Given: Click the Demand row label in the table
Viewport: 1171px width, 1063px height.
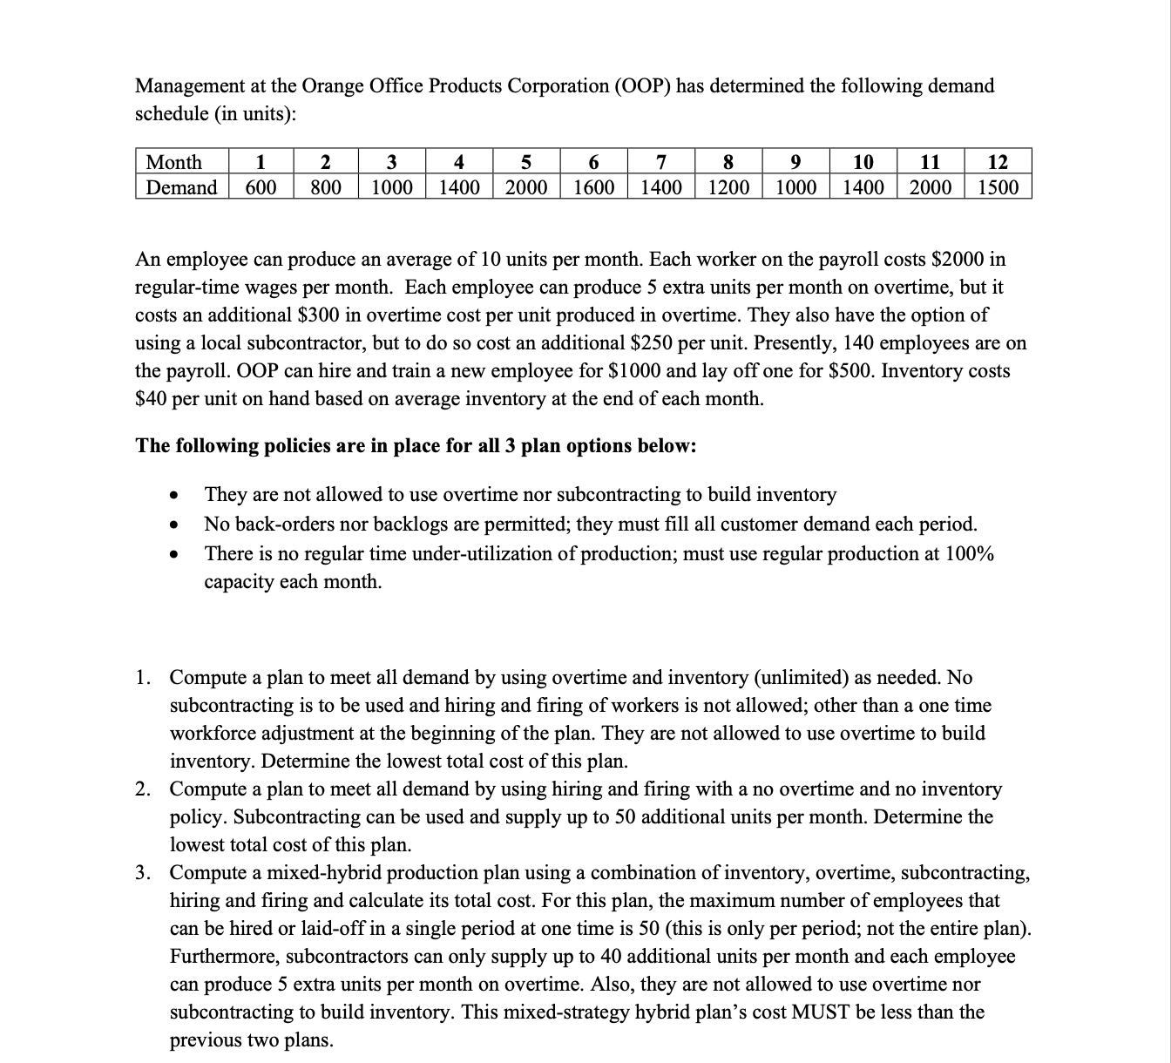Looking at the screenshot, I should coord(181,187).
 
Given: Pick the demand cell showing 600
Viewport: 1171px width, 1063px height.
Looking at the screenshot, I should coord(260,187).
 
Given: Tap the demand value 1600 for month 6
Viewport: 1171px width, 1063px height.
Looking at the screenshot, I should coord(593,187).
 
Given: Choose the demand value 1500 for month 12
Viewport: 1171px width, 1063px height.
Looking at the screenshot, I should coord(998,187).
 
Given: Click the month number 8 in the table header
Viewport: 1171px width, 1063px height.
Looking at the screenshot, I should coord(728,162).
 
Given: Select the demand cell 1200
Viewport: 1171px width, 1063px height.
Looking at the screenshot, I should coord(728,187).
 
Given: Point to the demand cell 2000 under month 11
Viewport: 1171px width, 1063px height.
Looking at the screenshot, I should coord(931,187).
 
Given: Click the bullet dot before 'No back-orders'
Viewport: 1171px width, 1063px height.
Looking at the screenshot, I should coord(175,525).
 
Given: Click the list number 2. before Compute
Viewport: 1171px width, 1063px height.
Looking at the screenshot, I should coord(146,789).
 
